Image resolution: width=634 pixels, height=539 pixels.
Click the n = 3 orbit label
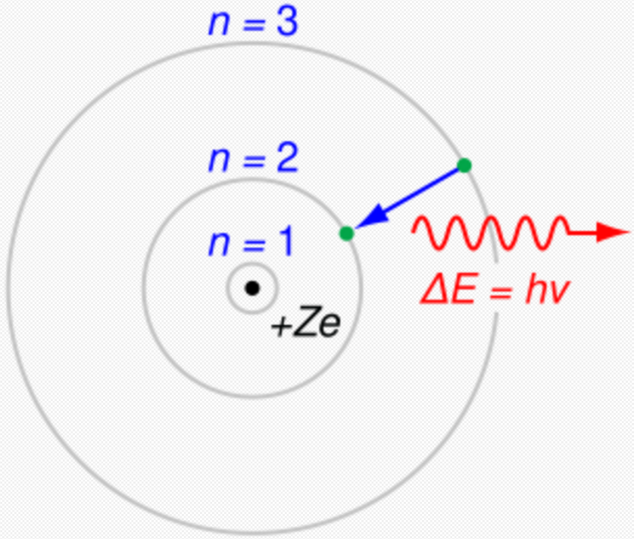(253, 24)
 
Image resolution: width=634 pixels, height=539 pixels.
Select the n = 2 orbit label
(253, 161)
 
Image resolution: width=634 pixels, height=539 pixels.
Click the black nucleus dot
(252, 288)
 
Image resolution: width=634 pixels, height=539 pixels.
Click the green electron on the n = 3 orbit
(464, 165)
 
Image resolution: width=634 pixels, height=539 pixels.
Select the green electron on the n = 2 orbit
(347, 233)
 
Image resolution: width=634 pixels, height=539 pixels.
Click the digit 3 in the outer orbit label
(286, 24)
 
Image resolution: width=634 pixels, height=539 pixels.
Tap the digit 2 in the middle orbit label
(286, 161)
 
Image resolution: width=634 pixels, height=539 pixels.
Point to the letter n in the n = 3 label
(218, 27)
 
